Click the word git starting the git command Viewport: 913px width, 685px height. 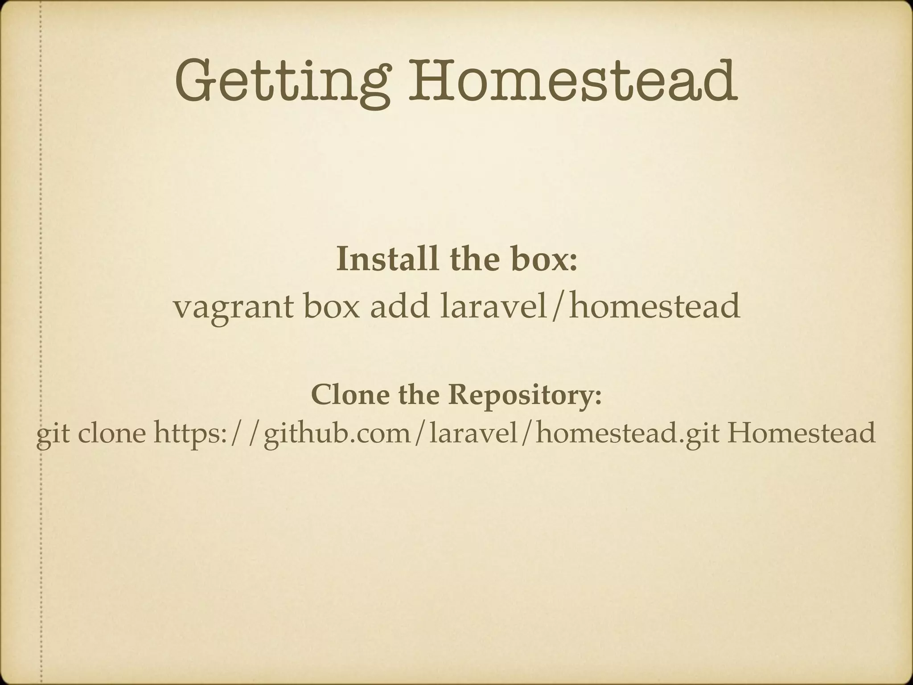(x=53, y=433)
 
